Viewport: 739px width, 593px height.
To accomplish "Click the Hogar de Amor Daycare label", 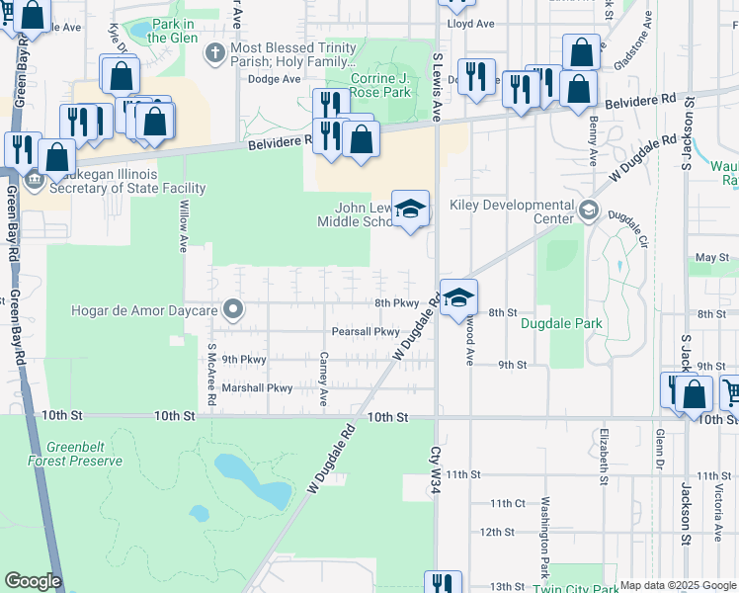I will [x=144, y=310].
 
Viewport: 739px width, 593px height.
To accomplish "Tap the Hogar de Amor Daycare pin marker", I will [x=233, y=310].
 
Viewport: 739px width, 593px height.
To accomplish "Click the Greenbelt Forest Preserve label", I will [x=83, y=453].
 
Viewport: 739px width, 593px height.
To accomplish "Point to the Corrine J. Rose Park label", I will [x=381, y=84].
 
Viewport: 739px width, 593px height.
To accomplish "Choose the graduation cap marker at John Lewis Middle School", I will [x=411, y=210].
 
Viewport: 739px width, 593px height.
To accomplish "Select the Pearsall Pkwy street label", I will [x=366, y=332].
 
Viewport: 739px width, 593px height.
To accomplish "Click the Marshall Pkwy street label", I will [x=257, y=388].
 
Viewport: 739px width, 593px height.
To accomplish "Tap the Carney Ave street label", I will [x=324, y=379].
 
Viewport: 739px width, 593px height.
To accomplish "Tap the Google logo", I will [x=33, y=581].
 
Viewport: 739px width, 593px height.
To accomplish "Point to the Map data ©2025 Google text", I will [x=677, y=585].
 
